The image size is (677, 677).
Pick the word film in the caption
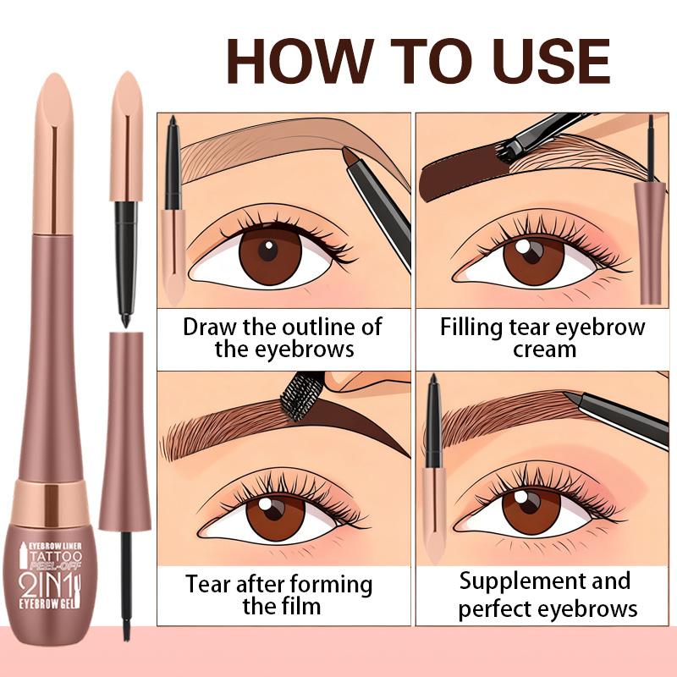coord(305,606)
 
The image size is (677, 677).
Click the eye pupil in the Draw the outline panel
coord(268,250)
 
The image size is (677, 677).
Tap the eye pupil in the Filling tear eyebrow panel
coord(531,250)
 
